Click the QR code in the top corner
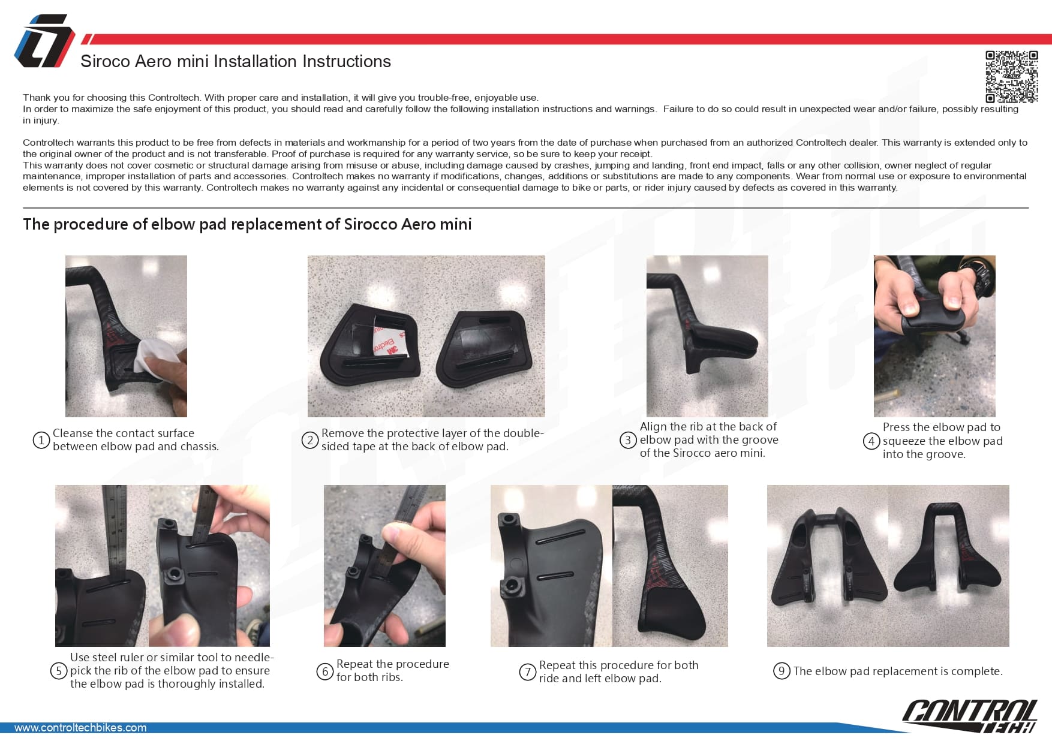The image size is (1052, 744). point(1011,77)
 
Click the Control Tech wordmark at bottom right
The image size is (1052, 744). point(970,716)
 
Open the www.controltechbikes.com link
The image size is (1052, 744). point(80,728)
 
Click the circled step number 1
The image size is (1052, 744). point(41,441)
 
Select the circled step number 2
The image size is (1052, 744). point(309,441)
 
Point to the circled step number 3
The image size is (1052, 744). point(628,440)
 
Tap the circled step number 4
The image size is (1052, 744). point(871,441)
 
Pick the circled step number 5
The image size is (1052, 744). point(58,670)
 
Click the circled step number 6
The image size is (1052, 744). point(325,671)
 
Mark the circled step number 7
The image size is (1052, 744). point(527,672)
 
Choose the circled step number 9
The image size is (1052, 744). point(782,671)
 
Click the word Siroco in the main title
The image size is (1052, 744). point(106,62)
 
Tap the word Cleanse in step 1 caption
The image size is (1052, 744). point(73,433)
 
